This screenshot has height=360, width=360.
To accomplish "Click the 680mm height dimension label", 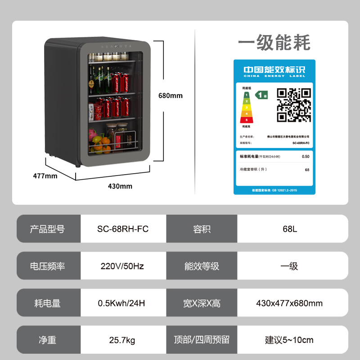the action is point(170,95).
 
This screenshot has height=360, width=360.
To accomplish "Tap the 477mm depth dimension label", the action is point(45,176).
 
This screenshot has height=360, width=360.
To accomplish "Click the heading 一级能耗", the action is point(274,43).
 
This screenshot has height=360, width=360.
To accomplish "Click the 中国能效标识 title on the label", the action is point(274,70).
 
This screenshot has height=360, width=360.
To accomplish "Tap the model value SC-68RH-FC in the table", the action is point(123,229).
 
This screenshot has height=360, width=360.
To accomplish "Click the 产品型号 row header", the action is point(47,229).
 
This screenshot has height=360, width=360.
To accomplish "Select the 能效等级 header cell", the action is point(202,266).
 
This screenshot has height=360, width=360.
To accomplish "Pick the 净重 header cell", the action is point(47,340).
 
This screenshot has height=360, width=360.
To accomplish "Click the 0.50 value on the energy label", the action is point(306,157).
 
